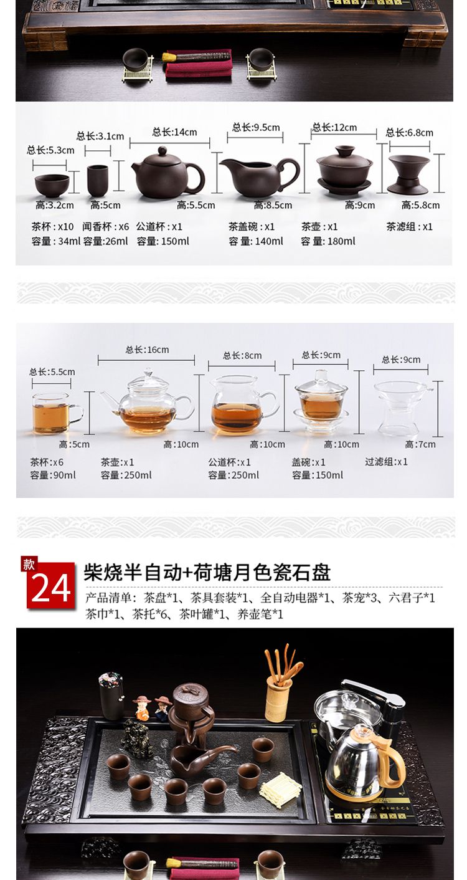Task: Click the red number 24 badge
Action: click(x=50, y=584)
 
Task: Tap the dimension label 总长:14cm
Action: click(x=174, y=132)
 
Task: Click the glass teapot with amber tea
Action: click(x=147, y=401)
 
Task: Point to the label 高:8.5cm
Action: click(x=273, y=205)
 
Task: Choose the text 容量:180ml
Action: click(x=328, y=241)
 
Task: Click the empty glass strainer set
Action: click(x=402, y=406)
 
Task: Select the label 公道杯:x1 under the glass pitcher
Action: click(x=229, y=462)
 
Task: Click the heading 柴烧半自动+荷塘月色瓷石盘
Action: click(x=207, y=572)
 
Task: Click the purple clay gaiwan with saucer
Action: click(x=344, y=170)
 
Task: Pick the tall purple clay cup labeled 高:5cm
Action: click(x=98, y=180)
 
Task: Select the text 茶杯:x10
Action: click(x=52, y=227)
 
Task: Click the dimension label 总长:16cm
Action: click(x=147, y=350)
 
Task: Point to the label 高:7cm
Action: click(x=420, y=444)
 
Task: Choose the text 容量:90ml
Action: click(x=53, y=475)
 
